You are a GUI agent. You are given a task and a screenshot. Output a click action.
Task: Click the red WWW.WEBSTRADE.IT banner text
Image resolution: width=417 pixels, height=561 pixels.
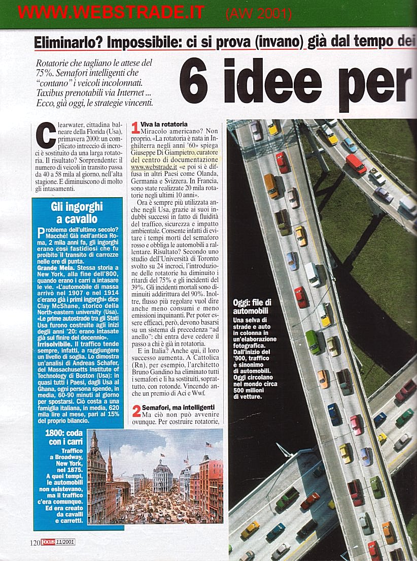point(111,12)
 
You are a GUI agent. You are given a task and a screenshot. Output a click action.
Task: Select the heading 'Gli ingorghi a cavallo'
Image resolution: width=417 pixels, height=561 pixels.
point(77,213)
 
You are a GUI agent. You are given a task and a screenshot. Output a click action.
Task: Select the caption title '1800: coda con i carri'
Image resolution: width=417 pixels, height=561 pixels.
point(60,438)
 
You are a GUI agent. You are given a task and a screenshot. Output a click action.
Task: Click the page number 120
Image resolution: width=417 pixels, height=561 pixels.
point(34,543)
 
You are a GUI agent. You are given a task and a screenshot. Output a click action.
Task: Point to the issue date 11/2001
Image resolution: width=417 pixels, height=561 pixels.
point(67,543)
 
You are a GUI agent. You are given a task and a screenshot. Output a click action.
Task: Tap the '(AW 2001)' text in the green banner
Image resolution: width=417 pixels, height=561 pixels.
point(259,14)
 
